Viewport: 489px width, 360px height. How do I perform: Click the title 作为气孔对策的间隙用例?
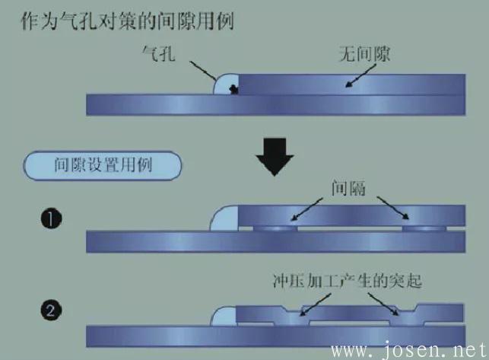pos(127,21)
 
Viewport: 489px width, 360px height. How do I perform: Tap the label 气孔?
pos(159,53)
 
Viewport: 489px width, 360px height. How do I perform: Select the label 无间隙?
pos(364,54)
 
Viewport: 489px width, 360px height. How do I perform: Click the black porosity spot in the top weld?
pos(233,90)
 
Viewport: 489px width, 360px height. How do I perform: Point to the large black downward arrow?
pos(275,157)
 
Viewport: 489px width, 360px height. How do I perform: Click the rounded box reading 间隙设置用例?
pos(103,165)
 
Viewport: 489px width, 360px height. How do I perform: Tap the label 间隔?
pos(348,188)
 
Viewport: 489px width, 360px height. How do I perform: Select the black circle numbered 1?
pos(51,218)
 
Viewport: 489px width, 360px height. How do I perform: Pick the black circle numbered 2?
pos(51,310)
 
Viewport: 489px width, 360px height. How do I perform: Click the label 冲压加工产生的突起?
pos(348,281)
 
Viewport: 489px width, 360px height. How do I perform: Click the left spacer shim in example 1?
pos(275,228)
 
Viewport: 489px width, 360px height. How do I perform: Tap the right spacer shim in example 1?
pos(424,228)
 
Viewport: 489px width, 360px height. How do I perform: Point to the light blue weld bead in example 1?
pos(224,218)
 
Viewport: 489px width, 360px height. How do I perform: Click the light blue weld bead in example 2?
pos(224,317)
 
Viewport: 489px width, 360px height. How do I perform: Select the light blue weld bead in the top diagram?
pos(226,84)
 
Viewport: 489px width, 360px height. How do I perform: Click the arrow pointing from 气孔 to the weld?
pos(203,71)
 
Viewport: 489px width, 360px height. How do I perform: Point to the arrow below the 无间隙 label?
pos(360,75)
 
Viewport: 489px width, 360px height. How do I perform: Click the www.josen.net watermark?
pos(409,350)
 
